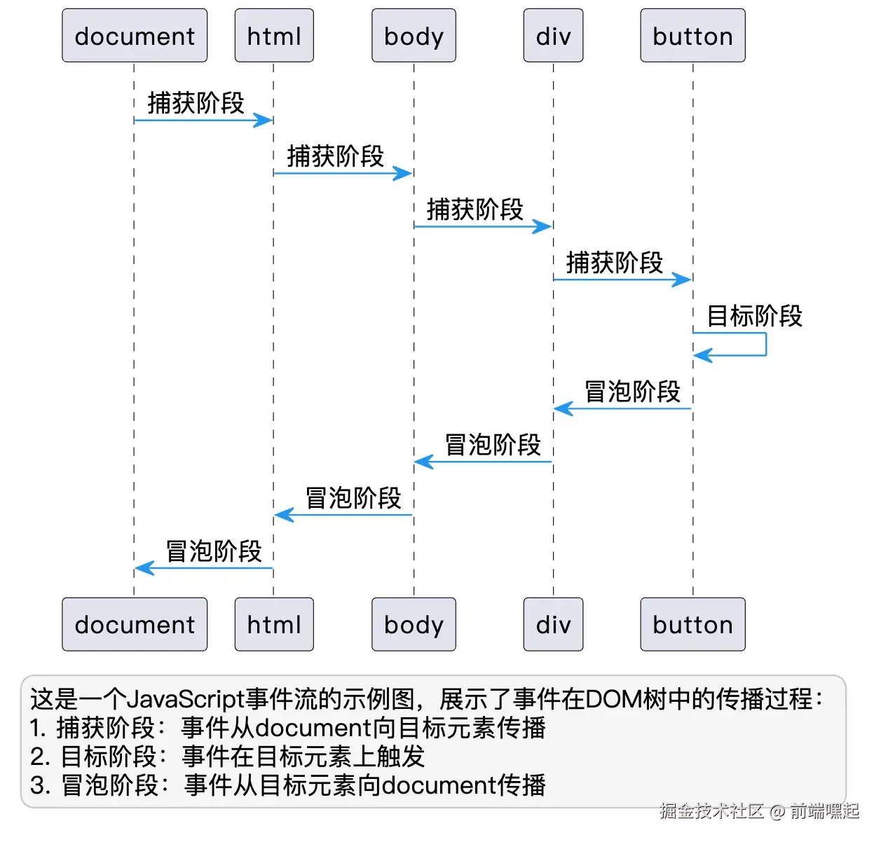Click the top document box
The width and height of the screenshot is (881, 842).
click(135, 36)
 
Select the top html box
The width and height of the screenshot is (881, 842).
click(274, 36)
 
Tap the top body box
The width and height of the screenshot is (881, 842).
click(414, 36)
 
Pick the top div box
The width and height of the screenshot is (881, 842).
click(553, 36)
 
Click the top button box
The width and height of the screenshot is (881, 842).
click(692, 36)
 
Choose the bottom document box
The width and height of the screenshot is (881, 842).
click(135, 624)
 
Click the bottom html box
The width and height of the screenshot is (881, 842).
click(274, 624)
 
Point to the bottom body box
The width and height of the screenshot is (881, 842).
click(414, 624)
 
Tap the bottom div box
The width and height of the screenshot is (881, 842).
click(553, 624)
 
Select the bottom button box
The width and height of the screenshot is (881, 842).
click(692, 624)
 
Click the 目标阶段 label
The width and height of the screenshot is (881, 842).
click(754, 316)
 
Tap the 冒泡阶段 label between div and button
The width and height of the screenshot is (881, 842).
click(632, 392)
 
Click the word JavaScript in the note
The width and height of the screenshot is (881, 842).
click(186, 699)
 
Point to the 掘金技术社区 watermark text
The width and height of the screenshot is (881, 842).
click(711, 811)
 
